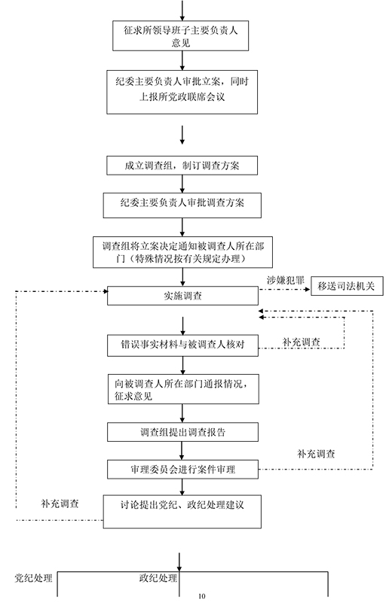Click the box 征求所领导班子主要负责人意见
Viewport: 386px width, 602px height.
tap(180, 35)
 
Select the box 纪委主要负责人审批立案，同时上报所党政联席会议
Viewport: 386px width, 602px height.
tap(182, 92)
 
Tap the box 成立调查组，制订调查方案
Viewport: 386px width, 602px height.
tap(182, 166)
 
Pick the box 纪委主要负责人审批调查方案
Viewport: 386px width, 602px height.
tap(182, 205)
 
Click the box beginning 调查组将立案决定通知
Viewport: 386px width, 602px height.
tap(182, 252)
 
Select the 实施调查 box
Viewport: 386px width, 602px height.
tap(182, 296)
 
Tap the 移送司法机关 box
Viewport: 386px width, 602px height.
tap(347, 286)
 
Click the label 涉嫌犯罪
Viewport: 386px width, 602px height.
tap(285, 280)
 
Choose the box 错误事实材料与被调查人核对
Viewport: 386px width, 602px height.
tap(182, 345)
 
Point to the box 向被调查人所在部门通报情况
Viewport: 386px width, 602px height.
tap(183, 389)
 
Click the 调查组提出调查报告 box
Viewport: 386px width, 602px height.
tap(182, 432)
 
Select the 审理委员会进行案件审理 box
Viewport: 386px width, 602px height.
tap(182, 469)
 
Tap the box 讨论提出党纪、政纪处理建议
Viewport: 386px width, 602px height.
tap(182, 512)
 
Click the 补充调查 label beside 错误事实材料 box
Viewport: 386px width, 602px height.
tap(301, 342)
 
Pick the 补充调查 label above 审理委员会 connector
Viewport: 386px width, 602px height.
tap(316, 454)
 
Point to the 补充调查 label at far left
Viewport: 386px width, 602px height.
tap(60, 503)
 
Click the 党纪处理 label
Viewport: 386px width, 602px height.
tap(33, 578)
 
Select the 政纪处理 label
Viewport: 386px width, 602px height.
tap(158, 578)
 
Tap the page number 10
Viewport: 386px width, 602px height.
tap(202, 596)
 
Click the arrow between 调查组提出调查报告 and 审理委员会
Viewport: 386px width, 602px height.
tap(182, 450)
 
